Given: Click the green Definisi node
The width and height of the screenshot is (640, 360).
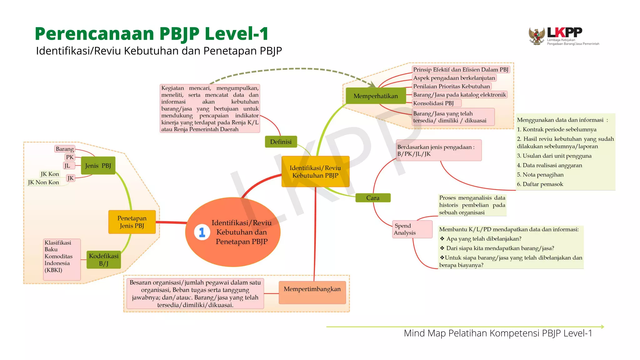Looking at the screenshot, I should (x=281, y=142).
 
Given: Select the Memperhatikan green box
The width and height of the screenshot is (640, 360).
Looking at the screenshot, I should (x=376, y=96).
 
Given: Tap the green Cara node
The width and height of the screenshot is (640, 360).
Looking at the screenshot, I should (x=373, y=198).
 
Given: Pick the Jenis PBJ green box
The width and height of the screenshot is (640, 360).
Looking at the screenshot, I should (x=98, y=166).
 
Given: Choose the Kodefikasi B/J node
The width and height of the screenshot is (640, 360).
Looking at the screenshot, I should (x=104, y=260).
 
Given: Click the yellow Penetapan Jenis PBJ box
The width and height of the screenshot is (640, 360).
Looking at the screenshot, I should (x=132, y=222).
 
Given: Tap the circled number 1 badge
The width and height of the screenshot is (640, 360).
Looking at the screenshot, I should (x=202, y=232).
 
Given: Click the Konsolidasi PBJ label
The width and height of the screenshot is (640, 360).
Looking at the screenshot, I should (x=433, y=103).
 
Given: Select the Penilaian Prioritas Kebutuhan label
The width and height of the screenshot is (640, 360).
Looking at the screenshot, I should (x=451, y=86).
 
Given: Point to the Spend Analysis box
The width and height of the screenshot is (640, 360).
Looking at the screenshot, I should (x=412, y=229).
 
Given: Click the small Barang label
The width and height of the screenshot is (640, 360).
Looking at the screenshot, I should (x=65, y=149).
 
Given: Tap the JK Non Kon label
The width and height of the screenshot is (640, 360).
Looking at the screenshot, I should (x=43, y=182).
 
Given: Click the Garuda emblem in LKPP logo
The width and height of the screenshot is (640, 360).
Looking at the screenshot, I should (x=537, y=36).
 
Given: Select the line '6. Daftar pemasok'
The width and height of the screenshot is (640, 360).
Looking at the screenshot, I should (x=540, y=184).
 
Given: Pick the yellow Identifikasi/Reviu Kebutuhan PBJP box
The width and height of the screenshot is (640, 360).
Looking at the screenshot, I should (x=315, y=172).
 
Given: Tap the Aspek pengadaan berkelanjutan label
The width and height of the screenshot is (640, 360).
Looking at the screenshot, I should (x=454, y=78).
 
